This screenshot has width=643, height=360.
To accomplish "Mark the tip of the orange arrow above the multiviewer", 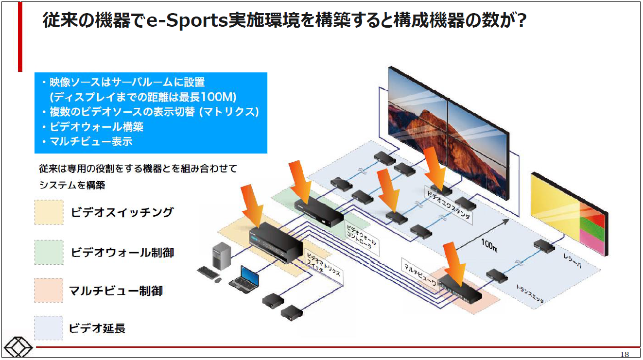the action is [461, 286].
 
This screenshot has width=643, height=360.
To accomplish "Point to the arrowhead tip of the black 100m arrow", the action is [509, 220].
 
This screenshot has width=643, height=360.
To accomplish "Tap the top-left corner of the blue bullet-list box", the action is [35, 72].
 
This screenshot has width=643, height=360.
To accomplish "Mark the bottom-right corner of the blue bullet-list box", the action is [267, 153].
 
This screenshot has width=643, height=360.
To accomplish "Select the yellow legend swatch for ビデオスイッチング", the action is [49, 212].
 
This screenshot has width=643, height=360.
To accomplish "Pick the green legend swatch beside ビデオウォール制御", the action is [49, 253].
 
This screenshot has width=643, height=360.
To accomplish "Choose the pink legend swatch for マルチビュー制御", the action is [49, 291].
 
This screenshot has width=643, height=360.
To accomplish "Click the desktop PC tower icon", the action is [221, 256].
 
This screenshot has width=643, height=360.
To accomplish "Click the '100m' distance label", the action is [489, 245].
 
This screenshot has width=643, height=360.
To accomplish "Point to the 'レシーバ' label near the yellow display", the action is [573, 261].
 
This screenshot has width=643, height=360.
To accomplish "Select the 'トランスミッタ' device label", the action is [530, 293].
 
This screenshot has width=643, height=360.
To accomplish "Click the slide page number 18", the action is [625, 355].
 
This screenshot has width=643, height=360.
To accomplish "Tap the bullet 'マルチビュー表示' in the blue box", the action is [91, 141].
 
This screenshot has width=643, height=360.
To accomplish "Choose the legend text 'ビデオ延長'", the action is [97, 328].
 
